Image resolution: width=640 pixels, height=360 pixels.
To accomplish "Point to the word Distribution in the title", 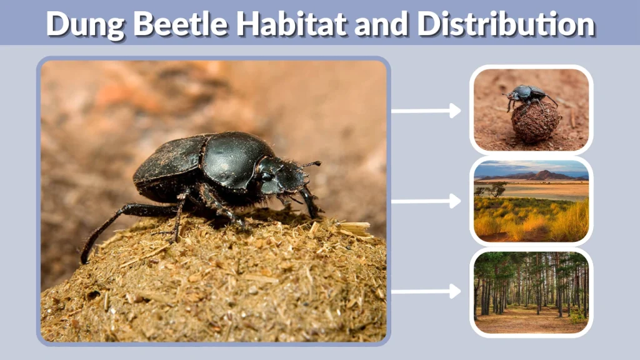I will click(x=506, y=24).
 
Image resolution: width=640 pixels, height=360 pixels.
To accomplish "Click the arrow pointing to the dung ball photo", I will click(x=426, y=111).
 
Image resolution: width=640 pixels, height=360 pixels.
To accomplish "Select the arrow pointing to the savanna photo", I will click(x=426, y=201).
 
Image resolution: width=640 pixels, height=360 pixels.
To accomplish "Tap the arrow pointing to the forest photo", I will click(x=426, y=291).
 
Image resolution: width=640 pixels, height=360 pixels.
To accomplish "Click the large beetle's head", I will click(x=284, y=175).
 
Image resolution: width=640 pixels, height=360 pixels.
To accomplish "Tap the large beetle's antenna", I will click(x=311, y=164).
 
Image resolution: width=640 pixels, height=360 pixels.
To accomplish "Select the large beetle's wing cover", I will click(x=169, y=162).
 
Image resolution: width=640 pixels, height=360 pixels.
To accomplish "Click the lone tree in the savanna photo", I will click(x=498, y=187).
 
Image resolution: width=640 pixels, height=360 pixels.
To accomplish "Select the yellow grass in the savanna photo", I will click(x=531, y=222).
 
